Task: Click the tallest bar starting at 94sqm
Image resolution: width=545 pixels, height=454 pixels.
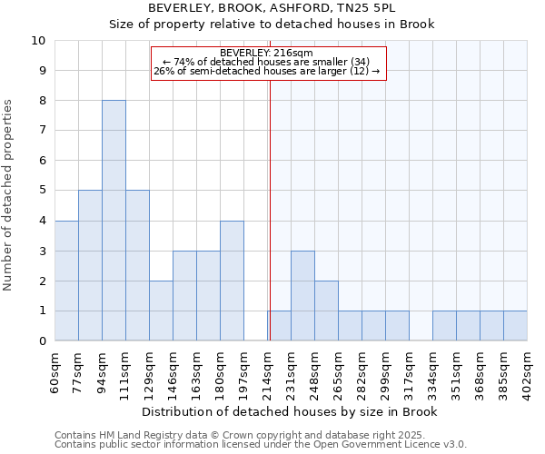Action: click(x=114, y=221)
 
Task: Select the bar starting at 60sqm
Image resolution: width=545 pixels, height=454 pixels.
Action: click(x=66, y=281)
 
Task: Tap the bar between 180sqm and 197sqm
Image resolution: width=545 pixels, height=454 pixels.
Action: click(x=232, y=281)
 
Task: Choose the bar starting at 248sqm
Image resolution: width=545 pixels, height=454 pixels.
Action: click(x=326, y=311)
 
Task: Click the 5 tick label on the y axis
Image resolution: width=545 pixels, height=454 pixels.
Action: click(x=42, y=191)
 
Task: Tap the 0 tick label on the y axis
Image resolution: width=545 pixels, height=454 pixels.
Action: click(x=42, y=340)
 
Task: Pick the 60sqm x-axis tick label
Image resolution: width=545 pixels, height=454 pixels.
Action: click(x=54, y=370)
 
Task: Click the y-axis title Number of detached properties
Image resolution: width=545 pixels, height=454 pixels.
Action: click(x=9, y=196)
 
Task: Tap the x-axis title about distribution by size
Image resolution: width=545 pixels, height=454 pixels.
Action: click(x=291, y=411)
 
